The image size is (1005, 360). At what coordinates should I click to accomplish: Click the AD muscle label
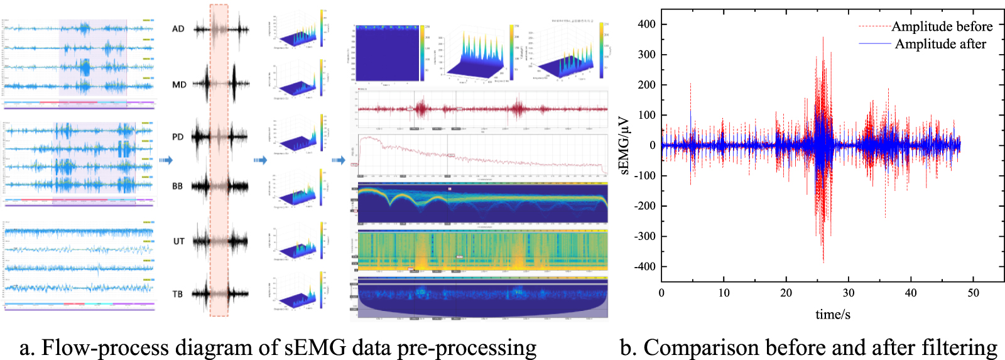point(178,29)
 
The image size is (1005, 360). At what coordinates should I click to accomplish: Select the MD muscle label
point(179,84)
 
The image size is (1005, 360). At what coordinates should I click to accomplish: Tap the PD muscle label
point(178,137)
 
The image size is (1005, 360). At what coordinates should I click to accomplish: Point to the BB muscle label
point(178,186)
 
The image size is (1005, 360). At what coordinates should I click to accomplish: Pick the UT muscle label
point(179,241)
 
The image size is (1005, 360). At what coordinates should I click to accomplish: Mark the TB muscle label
point(178,294)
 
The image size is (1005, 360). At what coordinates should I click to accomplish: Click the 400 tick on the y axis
point(646,24)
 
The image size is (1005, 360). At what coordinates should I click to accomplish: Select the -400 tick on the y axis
point(644,266)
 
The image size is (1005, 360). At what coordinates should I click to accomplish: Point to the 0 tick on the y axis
point(653,145)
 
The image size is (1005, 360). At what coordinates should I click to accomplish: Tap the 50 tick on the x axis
point(973,293)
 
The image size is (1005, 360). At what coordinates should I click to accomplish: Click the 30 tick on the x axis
point(849,293)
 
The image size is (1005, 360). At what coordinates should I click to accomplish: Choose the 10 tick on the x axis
point(724,293)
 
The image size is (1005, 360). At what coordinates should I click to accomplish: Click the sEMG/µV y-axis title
point(624,145)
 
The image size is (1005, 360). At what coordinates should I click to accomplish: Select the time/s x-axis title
point(833,315)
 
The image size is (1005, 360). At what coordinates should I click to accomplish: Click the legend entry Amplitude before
point(942,26)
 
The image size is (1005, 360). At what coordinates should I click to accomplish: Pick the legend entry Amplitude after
point(940,44)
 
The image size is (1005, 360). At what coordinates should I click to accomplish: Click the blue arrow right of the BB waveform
point(260,160)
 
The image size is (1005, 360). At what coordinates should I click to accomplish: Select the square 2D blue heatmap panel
point(388,54)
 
